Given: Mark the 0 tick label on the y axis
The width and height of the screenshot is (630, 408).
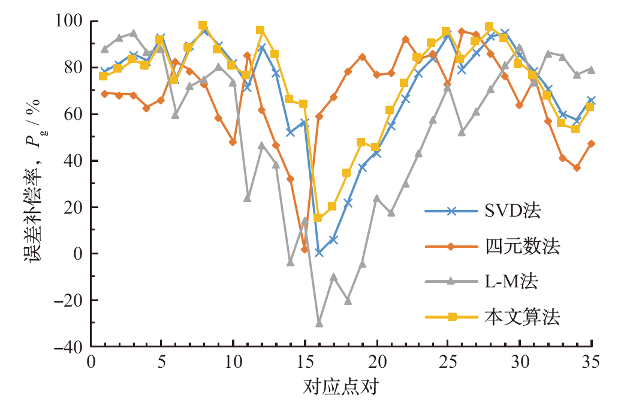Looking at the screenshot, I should point(78,254).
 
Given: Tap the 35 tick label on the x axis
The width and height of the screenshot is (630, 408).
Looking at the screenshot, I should point(592,363).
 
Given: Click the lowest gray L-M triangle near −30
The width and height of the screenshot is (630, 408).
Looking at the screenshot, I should point(319,323).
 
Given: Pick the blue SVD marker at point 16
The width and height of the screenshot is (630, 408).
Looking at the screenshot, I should point(319,253).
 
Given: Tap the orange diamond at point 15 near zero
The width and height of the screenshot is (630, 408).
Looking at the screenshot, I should point(305,249).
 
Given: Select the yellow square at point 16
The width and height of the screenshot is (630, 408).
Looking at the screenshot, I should point(318,218).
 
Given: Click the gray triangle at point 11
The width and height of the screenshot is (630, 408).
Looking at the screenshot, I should point(247,198).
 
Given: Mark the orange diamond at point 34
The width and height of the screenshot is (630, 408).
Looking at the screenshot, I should point(577,168).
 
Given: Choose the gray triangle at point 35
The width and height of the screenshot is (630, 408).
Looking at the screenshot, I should point(591,70).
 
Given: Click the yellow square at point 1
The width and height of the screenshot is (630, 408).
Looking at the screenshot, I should point(104,76).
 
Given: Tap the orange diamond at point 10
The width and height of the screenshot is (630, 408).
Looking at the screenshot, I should point(233,142).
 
